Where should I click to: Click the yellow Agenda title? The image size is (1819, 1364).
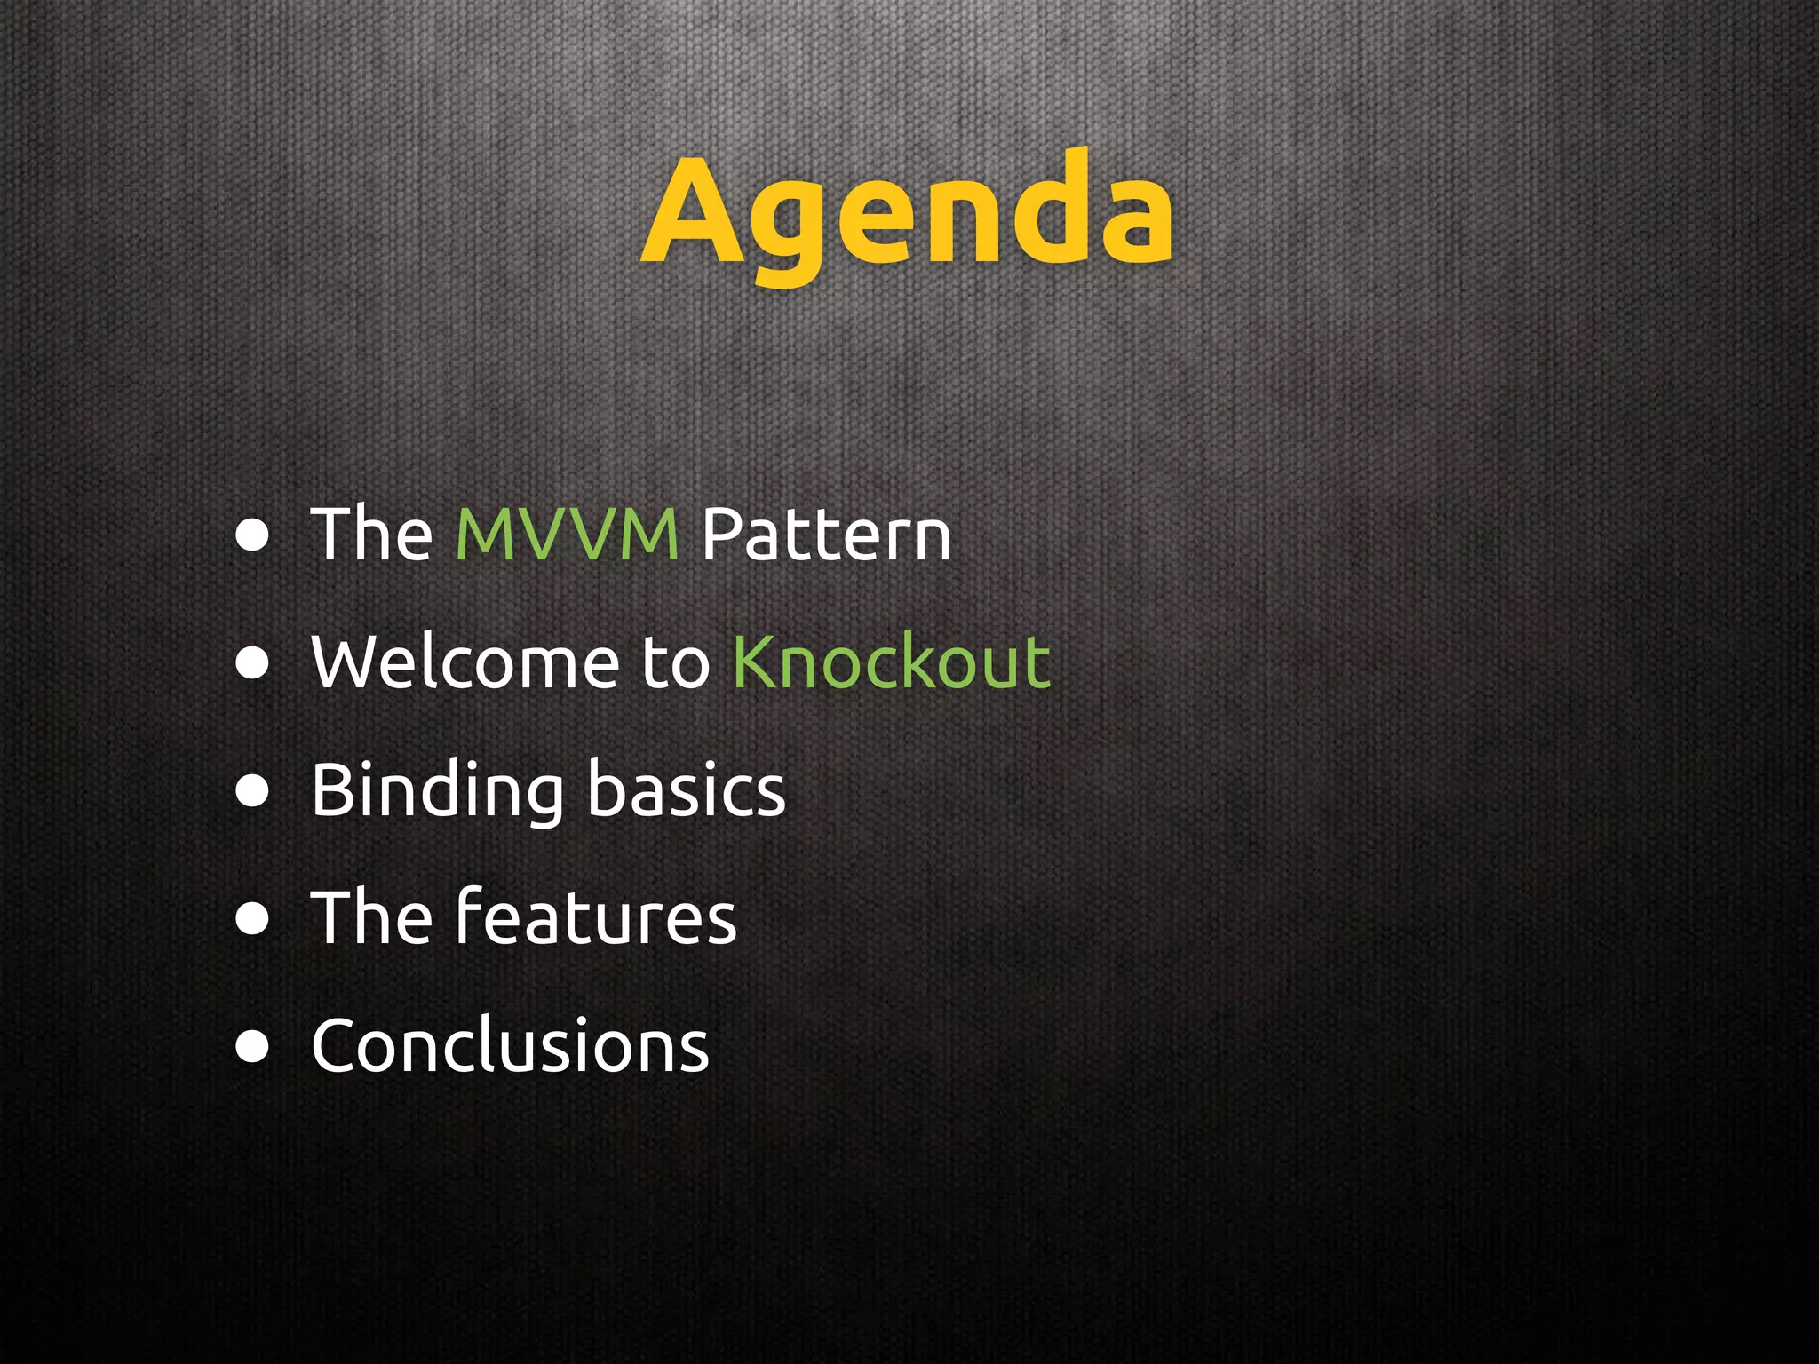tap(908, 213)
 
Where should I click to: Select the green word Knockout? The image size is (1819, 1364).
tap(892, 662)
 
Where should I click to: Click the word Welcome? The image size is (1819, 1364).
tap(465, 662)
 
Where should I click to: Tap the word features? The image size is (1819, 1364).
tap(595, 916)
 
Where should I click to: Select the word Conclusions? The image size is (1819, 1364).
tap(510, 1045)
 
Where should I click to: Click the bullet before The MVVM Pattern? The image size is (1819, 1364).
tap(253, 535)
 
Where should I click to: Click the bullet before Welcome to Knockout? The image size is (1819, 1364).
tap(253, 663)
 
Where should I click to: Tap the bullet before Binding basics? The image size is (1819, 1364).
tap(253, 791)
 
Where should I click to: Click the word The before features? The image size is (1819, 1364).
tap(370, 917)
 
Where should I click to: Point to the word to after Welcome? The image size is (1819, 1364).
tap(675, 663)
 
